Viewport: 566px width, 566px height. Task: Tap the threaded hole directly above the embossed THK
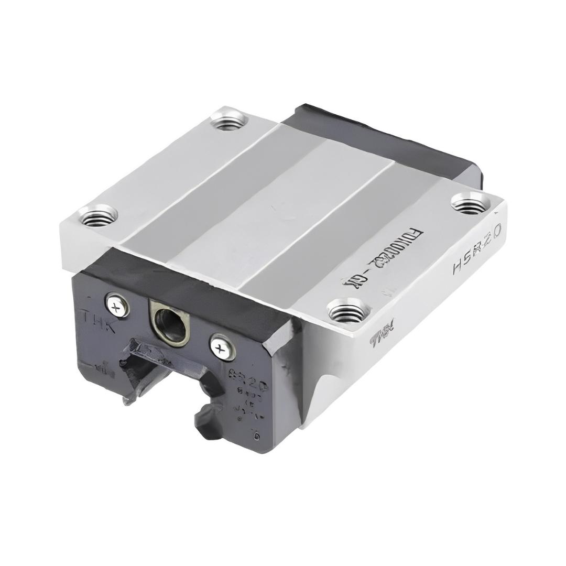click(x=98, y=215)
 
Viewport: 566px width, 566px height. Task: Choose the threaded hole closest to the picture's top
click(x=230, y=123)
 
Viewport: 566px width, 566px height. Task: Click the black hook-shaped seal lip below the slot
click(x=210, y=419)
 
